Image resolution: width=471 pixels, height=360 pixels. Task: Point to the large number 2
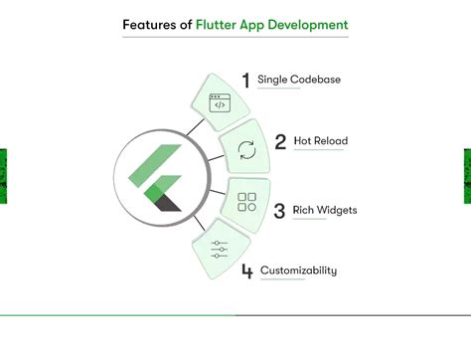[281, 142]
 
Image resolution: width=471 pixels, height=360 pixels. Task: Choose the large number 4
[246, 270]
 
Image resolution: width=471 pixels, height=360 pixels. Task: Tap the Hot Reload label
[320, 141]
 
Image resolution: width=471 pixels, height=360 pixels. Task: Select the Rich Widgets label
[325, 210]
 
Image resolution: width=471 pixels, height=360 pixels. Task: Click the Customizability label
[298, 270]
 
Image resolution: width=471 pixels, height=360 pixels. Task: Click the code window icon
[219, 102]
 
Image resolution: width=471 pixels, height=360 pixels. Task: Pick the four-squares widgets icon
[246, 203]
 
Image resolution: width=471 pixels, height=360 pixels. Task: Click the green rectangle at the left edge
[3, 176]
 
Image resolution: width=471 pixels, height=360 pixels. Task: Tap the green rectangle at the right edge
[467, 176]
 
